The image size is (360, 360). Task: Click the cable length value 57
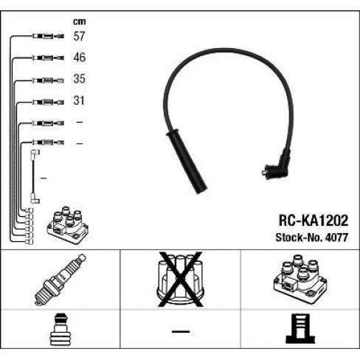79,36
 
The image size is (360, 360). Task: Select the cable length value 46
80,58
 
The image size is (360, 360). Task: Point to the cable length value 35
79,79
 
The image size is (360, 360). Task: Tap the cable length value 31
79,100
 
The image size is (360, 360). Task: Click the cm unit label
80,21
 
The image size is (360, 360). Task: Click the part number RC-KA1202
314,221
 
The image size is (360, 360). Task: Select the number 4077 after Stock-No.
336,238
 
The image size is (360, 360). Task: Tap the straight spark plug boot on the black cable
187,162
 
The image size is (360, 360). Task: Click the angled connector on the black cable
277,165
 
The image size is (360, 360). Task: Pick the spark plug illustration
60,280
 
